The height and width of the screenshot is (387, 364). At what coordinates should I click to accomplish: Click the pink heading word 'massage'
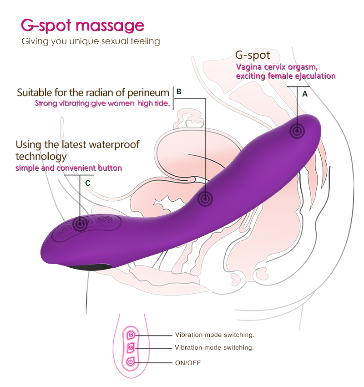110,26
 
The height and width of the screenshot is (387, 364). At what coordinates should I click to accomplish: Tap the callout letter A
305,94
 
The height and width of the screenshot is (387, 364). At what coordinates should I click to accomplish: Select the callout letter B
179,92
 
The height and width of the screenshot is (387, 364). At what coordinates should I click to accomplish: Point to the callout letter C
87,183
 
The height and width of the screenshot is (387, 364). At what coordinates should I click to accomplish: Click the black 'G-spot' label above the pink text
253,55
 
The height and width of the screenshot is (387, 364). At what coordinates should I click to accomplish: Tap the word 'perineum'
148,93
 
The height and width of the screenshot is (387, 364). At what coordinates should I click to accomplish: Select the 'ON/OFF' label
188,363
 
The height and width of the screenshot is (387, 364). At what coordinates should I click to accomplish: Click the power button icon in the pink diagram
131,362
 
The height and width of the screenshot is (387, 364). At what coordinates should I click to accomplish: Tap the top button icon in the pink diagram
131,335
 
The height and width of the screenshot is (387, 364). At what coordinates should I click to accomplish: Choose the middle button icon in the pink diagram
131,348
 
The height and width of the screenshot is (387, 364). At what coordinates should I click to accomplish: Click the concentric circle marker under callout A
297,131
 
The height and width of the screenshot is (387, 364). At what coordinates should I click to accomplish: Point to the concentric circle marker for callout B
205,199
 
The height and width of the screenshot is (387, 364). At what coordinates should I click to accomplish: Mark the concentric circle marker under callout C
80,224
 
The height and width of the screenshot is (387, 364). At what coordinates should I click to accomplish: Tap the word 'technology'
41,157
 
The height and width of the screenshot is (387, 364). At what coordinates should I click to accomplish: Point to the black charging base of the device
89,267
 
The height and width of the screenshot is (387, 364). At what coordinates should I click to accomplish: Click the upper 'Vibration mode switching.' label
215,335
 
